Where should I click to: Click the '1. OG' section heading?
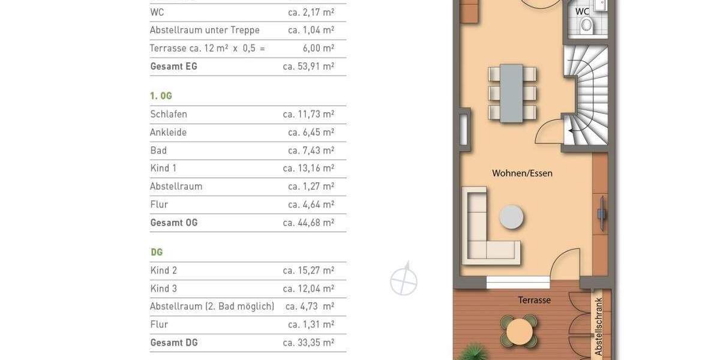tap(161, 96)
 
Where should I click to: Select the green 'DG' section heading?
tap(157, 253)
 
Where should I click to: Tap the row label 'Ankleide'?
tap(168, 132)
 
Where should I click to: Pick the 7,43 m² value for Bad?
tap(311, 150)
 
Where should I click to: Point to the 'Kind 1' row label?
tap(163, 168)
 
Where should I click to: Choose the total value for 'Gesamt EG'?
tap(308, 66)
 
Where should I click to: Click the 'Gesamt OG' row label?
tap(173, 223)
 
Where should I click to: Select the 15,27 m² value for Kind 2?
tap(308, 271)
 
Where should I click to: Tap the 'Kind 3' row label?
tap(163, 289)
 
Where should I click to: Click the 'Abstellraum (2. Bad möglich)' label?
tap(212, 307)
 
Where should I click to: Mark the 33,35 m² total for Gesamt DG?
tap(308, 343)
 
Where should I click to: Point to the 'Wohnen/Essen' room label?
tap(522, 173)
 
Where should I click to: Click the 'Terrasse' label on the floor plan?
tap(534, 300)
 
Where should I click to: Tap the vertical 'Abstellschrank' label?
tap(598, 326)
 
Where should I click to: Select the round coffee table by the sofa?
tap(512, 217)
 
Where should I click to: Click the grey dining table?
tap(512, 93)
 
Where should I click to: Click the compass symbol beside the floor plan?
tap(404, 280)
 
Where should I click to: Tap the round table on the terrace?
tap(519, 331)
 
